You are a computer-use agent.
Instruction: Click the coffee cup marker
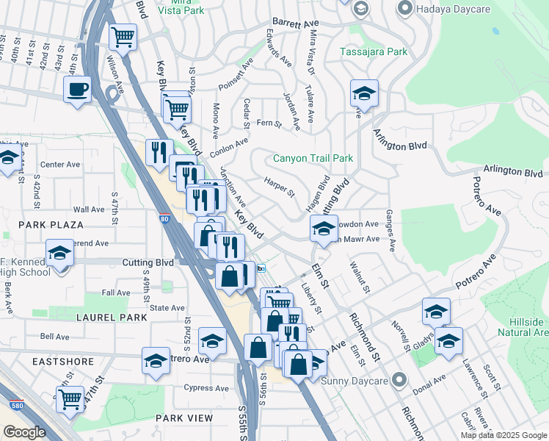76,90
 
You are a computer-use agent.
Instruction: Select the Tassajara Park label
373,52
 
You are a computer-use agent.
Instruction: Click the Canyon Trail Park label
313,158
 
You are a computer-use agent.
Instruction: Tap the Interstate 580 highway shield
16,405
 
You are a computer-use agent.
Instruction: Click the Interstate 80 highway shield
164,218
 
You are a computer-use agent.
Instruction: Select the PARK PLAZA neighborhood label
51,224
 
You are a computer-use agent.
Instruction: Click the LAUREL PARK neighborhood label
112,318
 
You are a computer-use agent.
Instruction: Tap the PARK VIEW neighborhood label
183,417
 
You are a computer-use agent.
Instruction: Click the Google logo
24,432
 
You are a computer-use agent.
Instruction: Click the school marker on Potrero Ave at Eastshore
156,360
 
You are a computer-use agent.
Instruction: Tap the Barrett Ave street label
292,24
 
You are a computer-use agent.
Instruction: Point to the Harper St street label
279,187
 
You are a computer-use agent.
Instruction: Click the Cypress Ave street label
207,388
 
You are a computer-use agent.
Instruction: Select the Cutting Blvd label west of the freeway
149,262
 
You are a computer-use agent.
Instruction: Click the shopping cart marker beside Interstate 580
70,399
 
